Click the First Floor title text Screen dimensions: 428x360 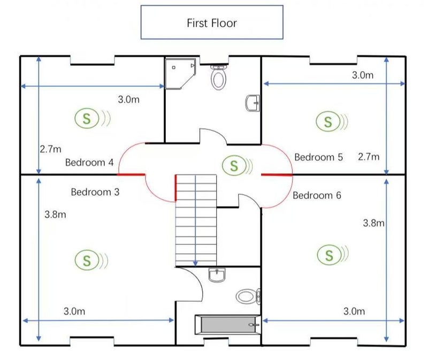click(212, 23)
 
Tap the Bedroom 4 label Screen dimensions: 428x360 click(89, 163)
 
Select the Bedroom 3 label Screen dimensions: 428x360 click(95, 192)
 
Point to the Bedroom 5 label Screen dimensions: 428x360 click(318, 157)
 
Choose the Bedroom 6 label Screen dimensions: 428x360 click(317, 195)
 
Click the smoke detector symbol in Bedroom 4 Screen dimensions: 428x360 click(93, 118)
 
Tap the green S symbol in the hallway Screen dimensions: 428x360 click(237, 165)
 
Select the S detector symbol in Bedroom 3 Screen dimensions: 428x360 click(91, 260)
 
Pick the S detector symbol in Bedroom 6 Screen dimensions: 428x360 click(333, 255)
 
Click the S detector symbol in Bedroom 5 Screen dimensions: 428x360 click(332, 121)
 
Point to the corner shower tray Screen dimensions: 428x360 click(180, 74)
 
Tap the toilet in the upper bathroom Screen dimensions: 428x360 click(219, 77)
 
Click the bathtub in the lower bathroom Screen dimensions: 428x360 click(228, 324)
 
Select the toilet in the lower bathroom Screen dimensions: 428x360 click(248, 296)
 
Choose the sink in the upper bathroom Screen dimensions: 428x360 click(253, 103)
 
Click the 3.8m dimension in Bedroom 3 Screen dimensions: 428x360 click(56, 215)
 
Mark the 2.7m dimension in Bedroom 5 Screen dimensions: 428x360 click(369, 157)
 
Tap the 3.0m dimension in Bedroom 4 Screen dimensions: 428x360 click(128, 99)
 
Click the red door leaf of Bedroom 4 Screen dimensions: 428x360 click(131, 174)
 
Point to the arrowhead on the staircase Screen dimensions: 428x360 click(195, 263)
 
